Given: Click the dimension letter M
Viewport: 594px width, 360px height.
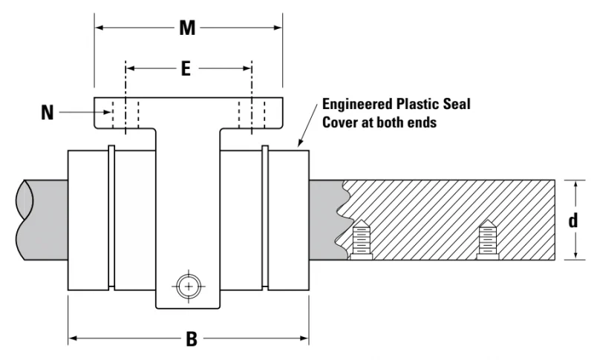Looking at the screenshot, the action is pos(188,28).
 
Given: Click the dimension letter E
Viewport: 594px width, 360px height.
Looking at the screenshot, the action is pos(186,69).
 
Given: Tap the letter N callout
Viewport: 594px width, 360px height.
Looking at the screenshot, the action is pos(47,112).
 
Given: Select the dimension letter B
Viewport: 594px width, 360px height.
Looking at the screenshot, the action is pos(192,338).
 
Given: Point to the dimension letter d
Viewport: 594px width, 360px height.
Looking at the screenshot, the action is pos(573,220).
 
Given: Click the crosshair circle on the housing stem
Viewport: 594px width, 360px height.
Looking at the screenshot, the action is pos(189,287).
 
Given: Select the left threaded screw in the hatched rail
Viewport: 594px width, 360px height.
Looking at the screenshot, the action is pos(361,239).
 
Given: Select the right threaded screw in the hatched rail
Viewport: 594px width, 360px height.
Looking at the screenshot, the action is pos(488,239).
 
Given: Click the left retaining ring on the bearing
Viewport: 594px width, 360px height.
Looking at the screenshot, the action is pos(111,217).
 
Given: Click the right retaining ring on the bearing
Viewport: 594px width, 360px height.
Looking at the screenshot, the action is pos(265,217).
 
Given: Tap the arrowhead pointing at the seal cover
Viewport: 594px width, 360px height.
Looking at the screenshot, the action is pos(300,143).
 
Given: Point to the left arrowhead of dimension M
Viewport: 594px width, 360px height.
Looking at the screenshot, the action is pos(99,27).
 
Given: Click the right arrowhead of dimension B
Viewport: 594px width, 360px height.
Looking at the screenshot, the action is pos(304,338).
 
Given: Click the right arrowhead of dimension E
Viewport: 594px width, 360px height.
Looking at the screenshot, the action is pos(247,68).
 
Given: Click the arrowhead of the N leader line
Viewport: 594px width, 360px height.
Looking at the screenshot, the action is pos(107,112).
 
